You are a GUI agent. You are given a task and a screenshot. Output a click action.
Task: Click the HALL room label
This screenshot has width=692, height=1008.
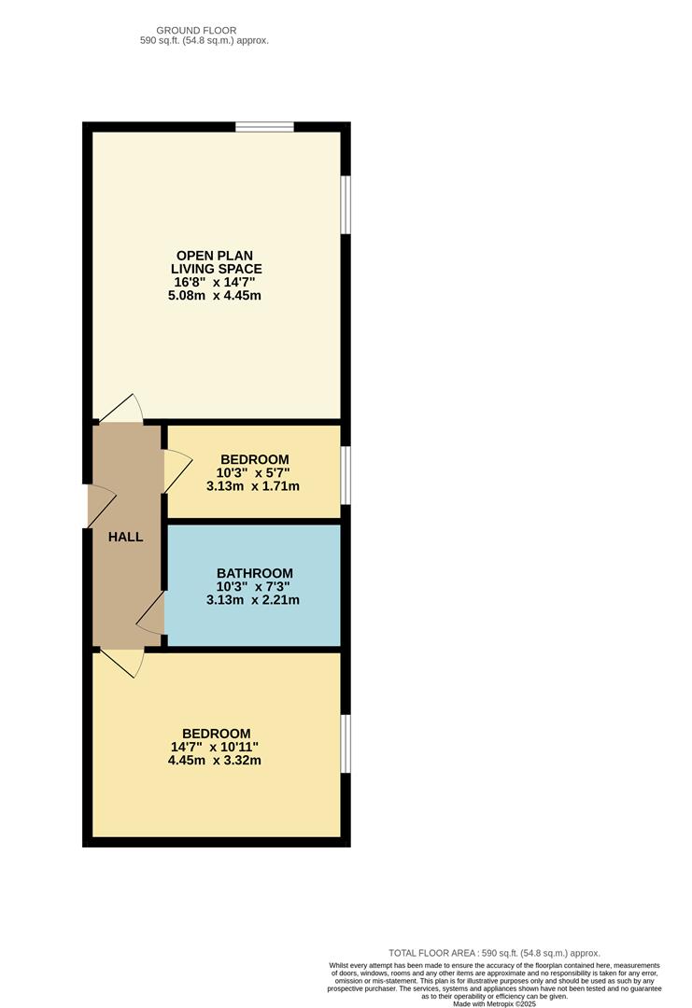click(125, 537)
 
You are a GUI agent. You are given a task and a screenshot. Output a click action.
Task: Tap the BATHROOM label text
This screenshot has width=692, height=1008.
click(255, 573)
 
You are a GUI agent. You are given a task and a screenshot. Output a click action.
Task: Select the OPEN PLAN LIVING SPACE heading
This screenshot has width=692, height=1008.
click(216, 262)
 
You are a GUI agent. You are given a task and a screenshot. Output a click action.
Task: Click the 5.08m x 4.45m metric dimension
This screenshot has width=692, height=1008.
click(215, 296)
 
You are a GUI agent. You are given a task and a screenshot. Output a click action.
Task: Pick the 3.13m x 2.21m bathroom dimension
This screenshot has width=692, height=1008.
click(253, 600)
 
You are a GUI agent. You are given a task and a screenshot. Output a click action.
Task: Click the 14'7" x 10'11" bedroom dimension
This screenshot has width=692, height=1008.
click(215, 747)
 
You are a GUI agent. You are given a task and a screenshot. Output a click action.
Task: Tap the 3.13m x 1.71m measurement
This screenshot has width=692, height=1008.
click(253, 486)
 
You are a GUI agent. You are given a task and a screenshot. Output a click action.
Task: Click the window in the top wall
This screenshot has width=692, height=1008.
click(264, 127)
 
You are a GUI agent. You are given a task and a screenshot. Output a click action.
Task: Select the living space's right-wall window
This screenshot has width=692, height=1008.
click(346, 204)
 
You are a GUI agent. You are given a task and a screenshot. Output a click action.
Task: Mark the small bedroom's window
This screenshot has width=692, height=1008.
click(346, 476)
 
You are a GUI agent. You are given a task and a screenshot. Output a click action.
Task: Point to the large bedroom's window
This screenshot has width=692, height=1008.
click(346, 744)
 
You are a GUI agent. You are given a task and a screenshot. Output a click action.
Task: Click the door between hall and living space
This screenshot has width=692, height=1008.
click(121, 410)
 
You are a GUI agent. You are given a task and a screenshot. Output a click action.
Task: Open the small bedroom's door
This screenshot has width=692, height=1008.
click(177, 471)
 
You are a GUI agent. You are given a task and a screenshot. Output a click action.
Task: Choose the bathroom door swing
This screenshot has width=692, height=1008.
click(150, 613)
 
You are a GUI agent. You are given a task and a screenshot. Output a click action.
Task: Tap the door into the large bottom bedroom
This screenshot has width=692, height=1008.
click(121, 663)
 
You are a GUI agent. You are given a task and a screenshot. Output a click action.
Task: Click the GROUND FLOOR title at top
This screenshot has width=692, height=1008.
click(196, 30)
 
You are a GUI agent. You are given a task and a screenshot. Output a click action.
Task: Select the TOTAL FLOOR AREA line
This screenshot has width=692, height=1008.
click(494, 953)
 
